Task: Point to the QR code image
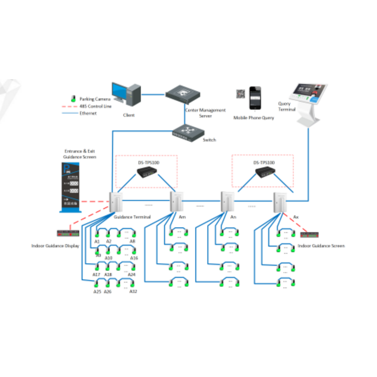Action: click(240, 94)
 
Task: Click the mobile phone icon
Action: click(255, 98)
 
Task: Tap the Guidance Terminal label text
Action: click(132, 217)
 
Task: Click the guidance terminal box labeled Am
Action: click(176, 201)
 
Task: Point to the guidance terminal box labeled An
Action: click(227, 201)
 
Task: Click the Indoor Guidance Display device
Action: click(68, 232)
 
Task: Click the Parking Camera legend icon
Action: click(72, 99)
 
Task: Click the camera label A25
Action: click(97, 291)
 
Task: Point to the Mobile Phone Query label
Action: click(254, 118)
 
